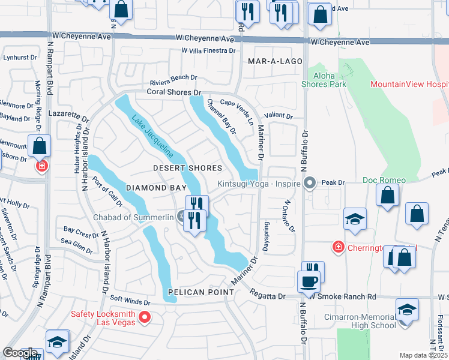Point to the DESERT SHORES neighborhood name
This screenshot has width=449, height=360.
(187, 168)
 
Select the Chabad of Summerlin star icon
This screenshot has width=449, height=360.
(181, 217)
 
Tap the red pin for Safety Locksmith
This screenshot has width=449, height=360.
(144, 317)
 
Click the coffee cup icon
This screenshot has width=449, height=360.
(310, 281)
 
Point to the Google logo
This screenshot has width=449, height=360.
(20, 353)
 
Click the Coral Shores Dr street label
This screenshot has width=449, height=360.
(174, 92)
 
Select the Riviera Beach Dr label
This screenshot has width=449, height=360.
(173, 77)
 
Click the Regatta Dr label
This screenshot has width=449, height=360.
(268, 296)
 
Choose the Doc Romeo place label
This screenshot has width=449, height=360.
(384, 180)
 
